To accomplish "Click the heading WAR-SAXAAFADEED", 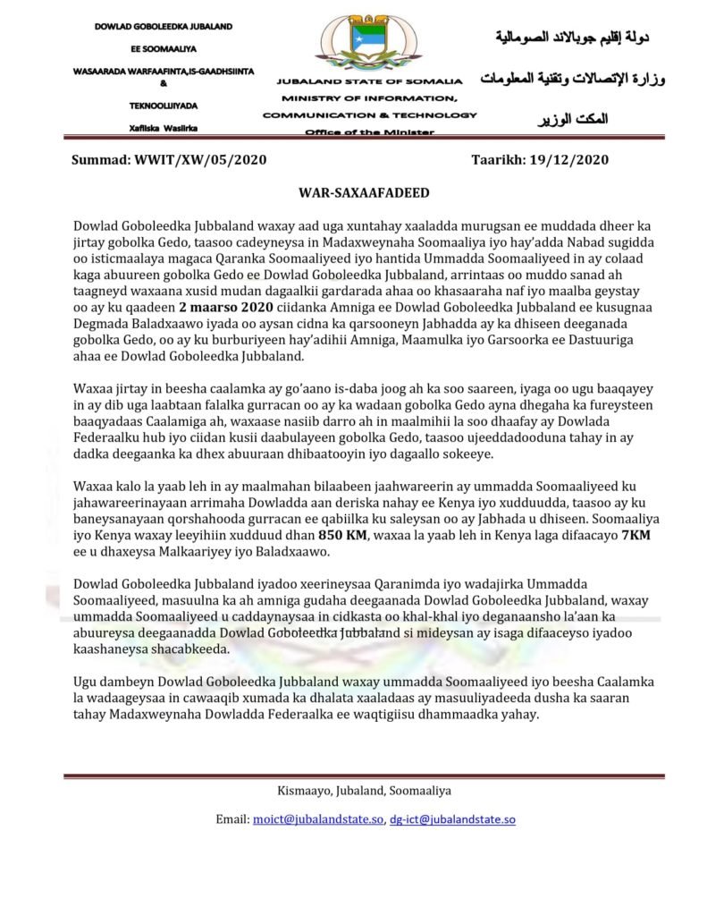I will [x=353, y=192].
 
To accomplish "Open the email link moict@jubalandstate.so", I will [x=318, y=818].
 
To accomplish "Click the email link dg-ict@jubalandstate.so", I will [x=452, y=818].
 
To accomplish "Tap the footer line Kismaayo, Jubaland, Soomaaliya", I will [x=353, y=791].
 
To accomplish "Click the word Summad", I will [x=101, y=160].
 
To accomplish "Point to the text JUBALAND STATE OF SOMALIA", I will [x=369, y=81].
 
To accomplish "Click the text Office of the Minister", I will [x=369, y=131].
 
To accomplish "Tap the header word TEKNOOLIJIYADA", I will [x=163, y=104].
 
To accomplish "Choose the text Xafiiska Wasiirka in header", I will [x=163, y=128].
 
